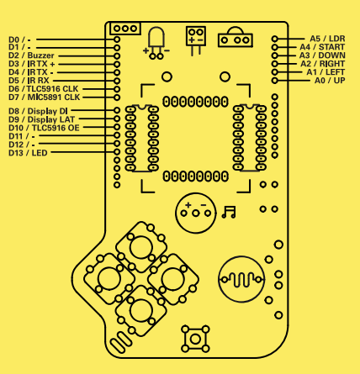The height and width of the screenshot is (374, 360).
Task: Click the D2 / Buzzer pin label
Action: coord(31,55)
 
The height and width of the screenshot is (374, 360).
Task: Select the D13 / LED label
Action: coord(28,153)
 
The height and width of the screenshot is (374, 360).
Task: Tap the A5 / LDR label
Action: coord(327,39)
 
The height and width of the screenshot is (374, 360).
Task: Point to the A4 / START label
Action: coord(322,47)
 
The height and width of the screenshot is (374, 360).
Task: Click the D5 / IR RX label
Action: coord(29,81)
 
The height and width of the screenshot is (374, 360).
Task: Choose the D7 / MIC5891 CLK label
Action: coord(45,97)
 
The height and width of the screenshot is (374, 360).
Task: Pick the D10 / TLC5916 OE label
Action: coord(44,128)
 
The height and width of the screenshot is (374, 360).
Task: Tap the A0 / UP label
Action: coord(330,81)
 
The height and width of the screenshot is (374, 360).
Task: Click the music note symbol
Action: coord(229,212)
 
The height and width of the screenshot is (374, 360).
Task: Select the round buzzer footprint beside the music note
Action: coord(196,213)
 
